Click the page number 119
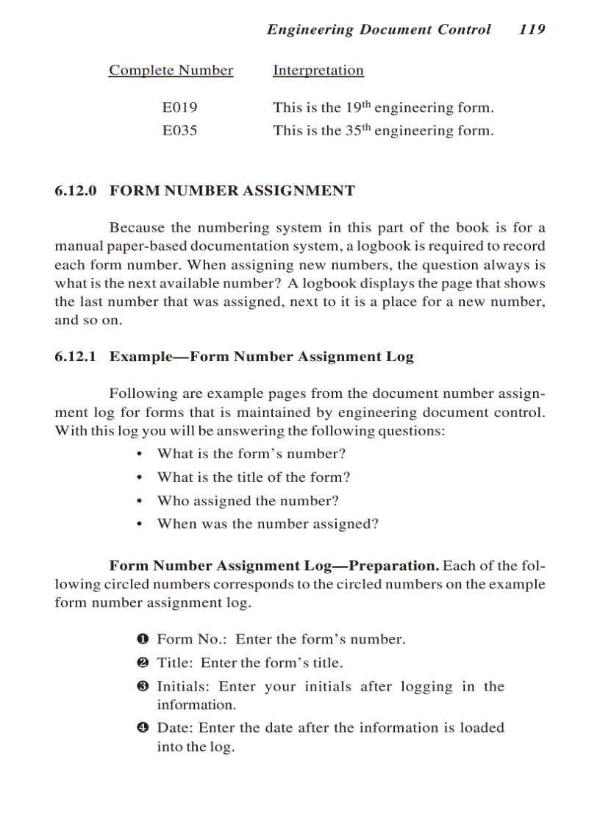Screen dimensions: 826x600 (x=532, y=29)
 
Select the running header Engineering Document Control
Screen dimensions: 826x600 (x=379, y=29)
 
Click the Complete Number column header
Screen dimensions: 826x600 (x=171, y=71)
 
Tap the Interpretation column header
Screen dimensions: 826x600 (x=318, y=71)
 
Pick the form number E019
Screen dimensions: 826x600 (x=179, y=107)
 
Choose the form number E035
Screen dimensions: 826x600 (x=179, y=131)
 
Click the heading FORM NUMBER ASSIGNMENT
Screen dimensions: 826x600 (x=232, y=191)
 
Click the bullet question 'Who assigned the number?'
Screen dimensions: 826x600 (x=248, y=501)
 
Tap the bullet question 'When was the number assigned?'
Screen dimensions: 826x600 (x=268, y=524)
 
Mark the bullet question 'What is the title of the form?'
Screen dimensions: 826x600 (x=254, y=477)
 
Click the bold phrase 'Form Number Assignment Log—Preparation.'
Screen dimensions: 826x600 (x=274, y=566)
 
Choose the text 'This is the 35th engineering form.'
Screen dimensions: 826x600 (x=383, y=131)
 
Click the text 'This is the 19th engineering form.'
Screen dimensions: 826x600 (x=383, y=107)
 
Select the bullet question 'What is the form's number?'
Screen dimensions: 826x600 (x=251, y=454)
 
